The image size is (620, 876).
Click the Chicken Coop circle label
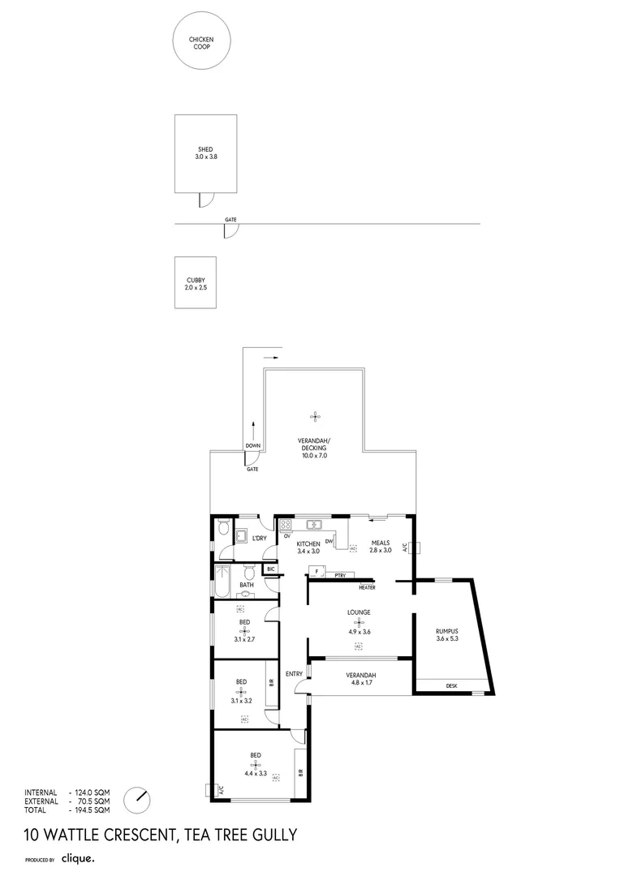point(200,43)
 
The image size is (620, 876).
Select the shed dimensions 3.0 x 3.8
point(206,156)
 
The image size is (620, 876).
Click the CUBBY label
point(196,280)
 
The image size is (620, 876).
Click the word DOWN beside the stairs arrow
point(253,446)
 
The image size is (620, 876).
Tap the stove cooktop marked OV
point(286,524)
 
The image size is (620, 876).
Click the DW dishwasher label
point(329,543)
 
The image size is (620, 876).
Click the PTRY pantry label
point(340,575)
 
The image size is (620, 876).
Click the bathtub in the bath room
point(222,584)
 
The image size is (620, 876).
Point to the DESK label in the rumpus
point(451,686)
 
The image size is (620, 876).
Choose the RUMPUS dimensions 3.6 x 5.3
point(447,638)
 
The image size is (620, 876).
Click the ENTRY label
point(294,674)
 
